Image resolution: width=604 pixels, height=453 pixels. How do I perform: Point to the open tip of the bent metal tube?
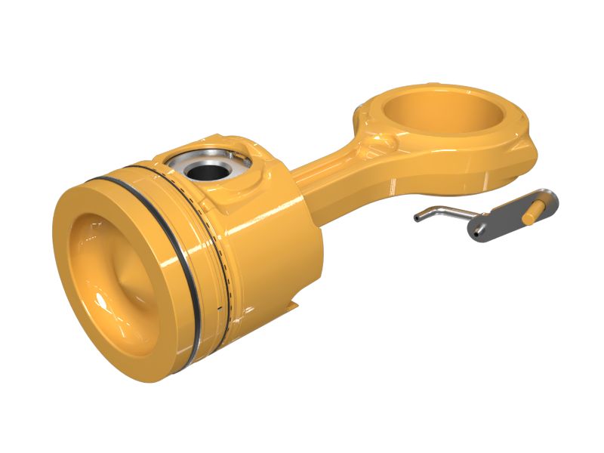pyautogui.click(x=416, y=220)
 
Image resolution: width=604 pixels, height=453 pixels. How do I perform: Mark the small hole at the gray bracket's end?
pyautogui.click(x=480, y=231)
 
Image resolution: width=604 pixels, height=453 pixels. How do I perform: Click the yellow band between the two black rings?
pyautogui.click(x=200, y=249)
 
